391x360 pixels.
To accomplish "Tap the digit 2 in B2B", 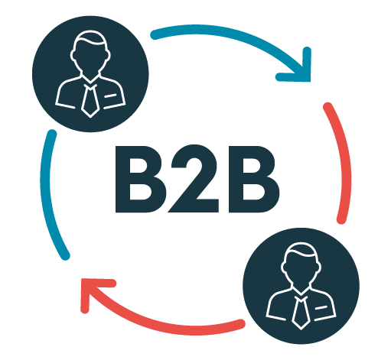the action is pos(195,178).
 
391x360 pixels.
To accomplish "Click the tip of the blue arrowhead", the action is pos(310,82).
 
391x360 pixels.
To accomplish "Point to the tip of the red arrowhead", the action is pos(81,279).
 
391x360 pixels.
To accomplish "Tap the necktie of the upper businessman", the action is pos(90,101).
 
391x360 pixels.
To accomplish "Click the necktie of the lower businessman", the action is pos(301,313).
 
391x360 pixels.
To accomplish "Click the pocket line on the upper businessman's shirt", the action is pos(110,96).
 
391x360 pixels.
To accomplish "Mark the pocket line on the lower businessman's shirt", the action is pos(321,308).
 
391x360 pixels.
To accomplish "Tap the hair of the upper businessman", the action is pos(90,37).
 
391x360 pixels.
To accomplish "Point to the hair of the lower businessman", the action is pos(301,249).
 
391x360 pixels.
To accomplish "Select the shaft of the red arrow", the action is pos(163,325).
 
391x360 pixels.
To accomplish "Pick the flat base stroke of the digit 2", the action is pos(194,206).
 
